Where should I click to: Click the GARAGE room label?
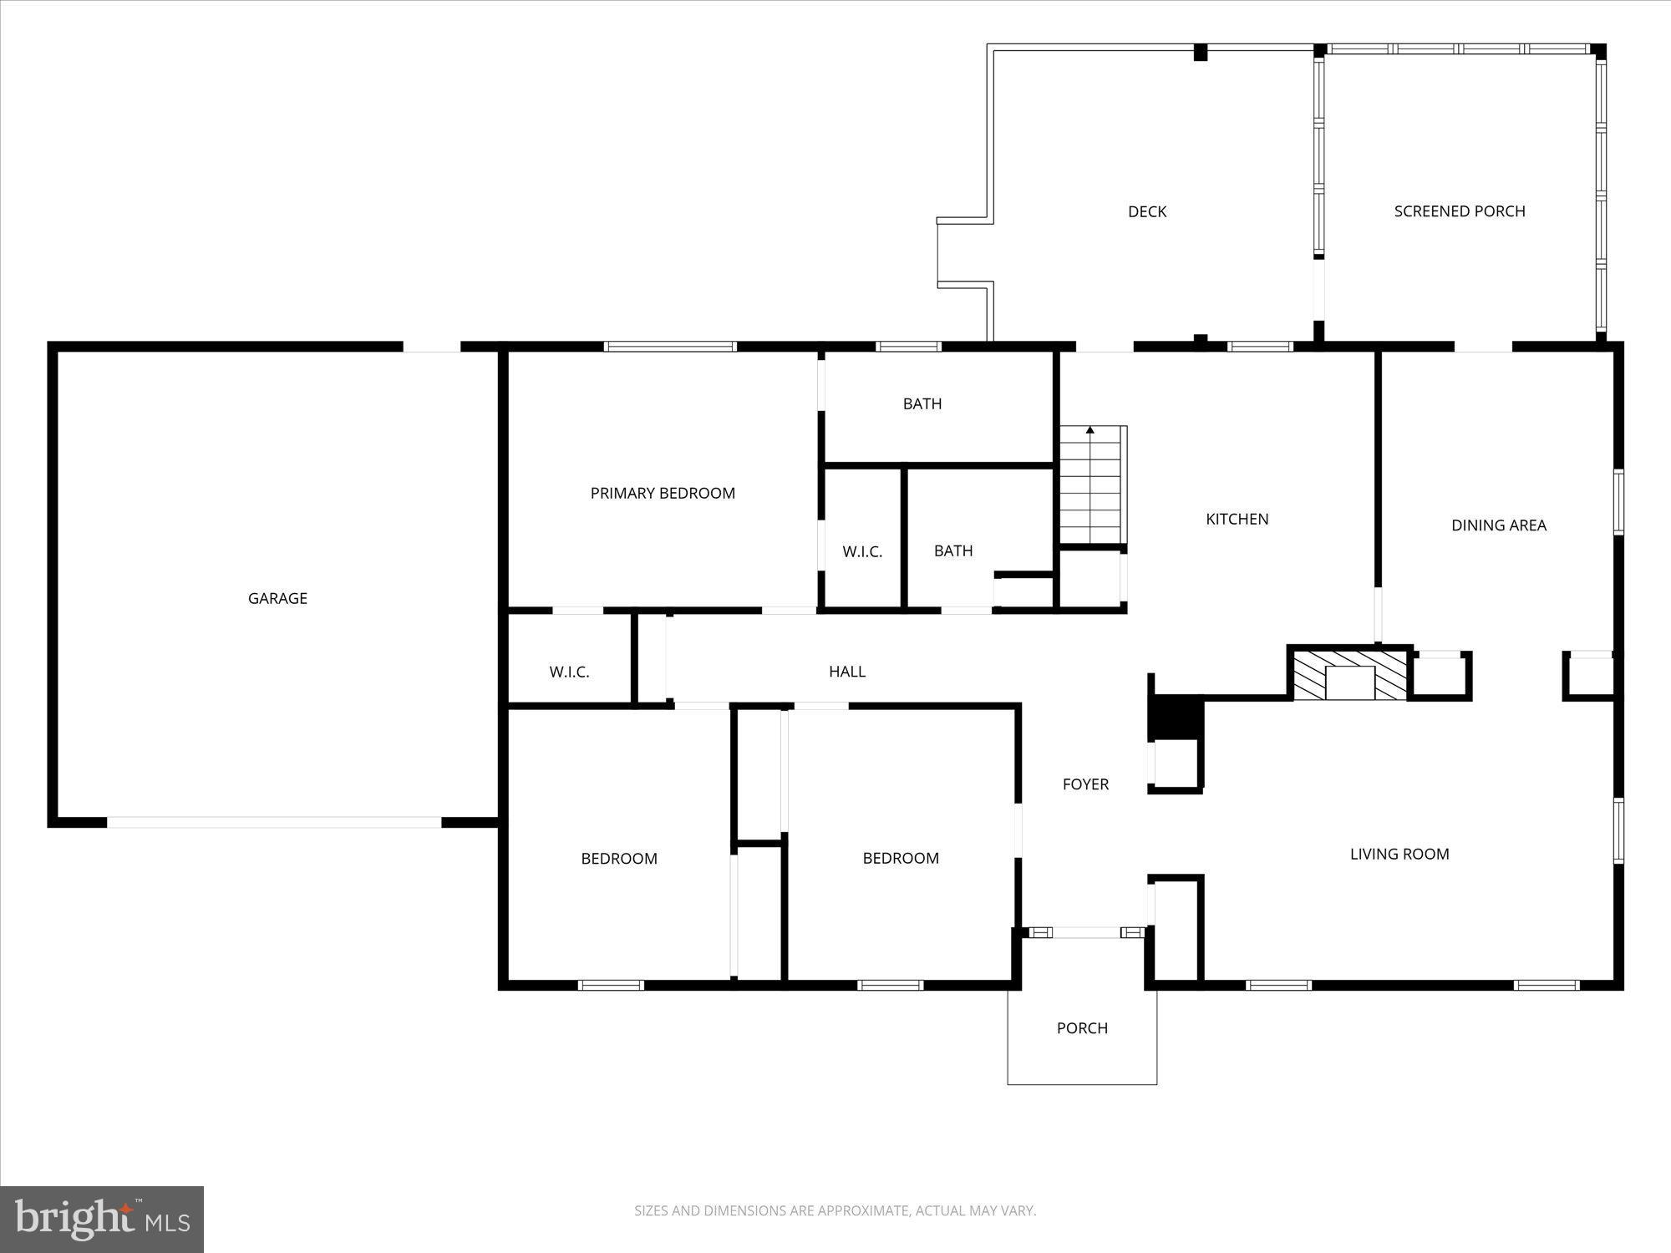click(277, 598)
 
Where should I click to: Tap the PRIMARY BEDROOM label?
click(663, 493)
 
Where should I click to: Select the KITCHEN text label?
click(1237, 519)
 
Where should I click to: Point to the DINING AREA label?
click(1498, 525)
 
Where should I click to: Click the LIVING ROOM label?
click(1399, 854)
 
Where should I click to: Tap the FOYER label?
click(1085, 784)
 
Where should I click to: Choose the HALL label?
click(846, 671)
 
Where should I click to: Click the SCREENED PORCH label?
click(1459, 211)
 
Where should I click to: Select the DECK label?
click(1146, 211)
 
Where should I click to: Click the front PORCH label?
click(1082, 1027)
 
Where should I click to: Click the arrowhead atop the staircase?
click(1089, 430)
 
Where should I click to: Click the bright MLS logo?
click(102, 1219)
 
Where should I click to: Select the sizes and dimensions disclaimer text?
click(835, 1210)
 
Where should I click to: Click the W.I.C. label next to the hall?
click(569, 672)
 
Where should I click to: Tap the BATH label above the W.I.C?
click(922, 403)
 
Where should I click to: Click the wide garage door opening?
click(274, 823)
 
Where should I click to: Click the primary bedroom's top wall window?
click(670, 346)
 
